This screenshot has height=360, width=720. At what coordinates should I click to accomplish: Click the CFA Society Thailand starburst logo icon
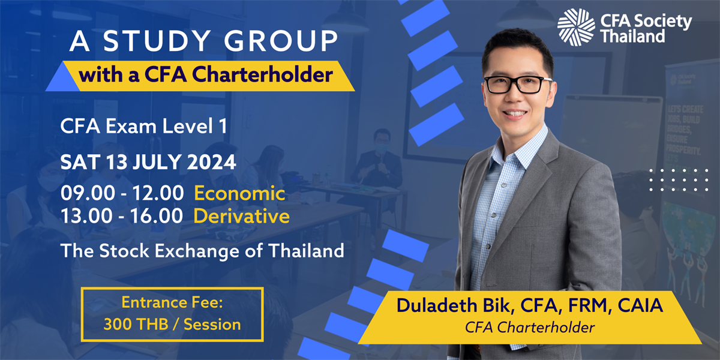click(x=576, y=27)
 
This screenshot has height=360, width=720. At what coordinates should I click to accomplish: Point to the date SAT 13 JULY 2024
click(x=148, y=162)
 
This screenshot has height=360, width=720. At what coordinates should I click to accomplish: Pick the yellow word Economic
click(x=239, y=194)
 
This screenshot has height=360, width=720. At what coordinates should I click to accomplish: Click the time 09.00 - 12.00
click(x=122, y=194)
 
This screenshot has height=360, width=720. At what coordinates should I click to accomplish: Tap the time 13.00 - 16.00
click(x=122, y=216)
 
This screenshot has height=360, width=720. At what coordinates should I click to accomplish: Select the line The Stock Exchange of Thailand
click(x=202, y=250)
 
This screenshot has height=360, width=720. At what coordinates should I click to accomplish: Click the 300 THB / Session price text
click(x=172, y=325)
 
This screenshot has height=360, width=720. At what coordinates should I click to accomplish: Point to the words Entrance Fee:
click(x=172, y=303)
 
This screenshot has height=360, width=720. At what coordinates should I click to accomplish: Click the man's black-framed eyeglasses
click(x=517, y=84)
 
